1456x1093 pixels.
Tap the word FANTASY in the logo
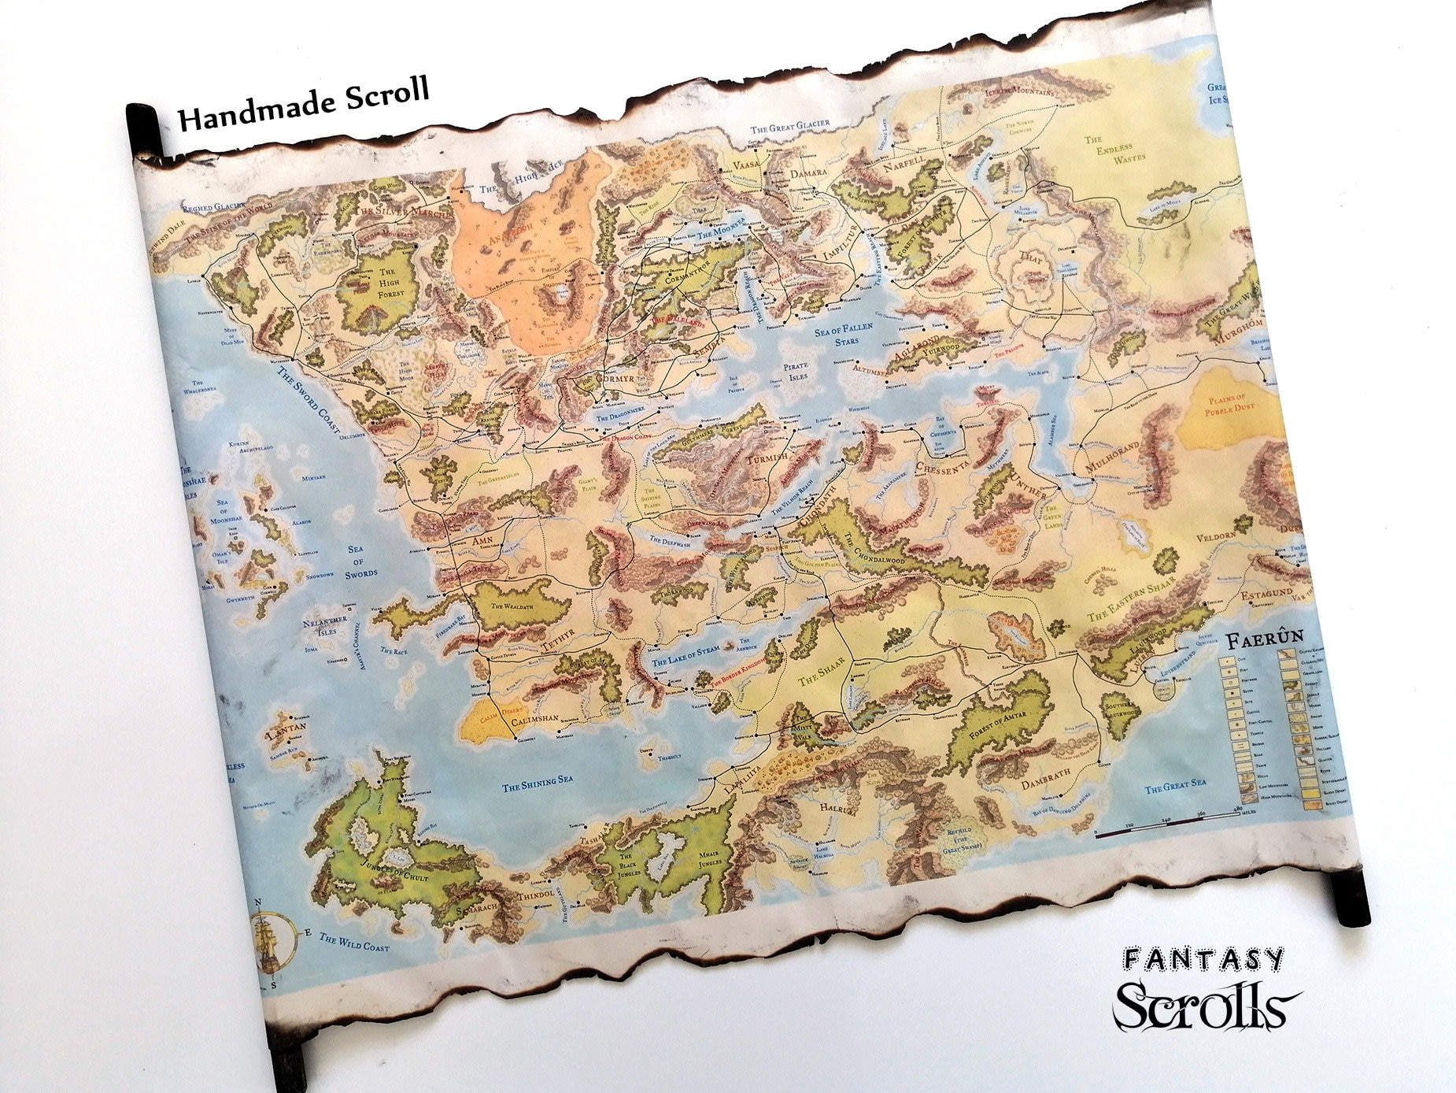point(1203,959)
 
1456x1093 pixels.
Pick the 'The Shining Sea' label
point(539,783)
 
